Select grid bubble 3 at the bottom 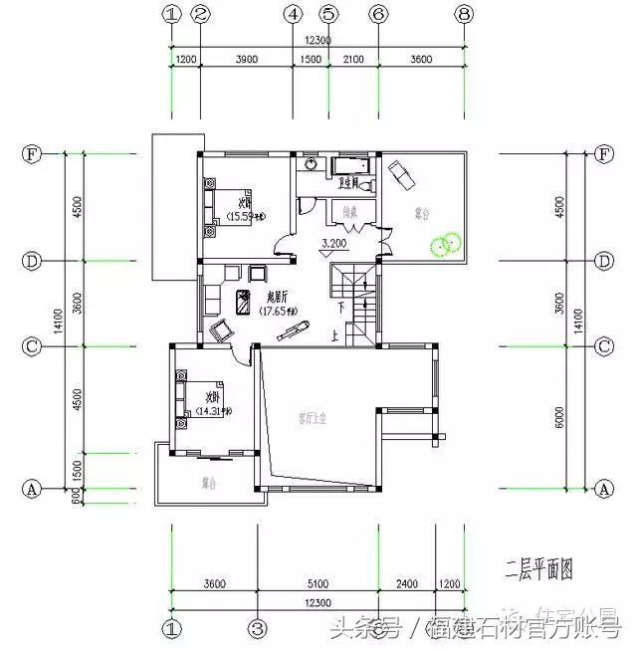tap(258, 628)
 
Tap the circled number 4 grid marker tap(293, 14)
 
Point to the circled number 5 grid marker tap(329, 14)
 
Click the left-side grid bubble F tap(32, 154)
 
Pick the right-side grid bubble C tap(602, 346)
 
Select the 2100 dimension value tap(352, 60)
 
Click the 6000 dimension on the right tap(559, 417)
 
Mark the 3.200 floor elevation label tap(332, 243)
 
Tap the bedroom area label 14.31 tap(214, 410)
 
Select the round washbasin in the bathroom tap(311, 163)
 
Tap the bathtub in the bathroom tap(350, 162)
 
